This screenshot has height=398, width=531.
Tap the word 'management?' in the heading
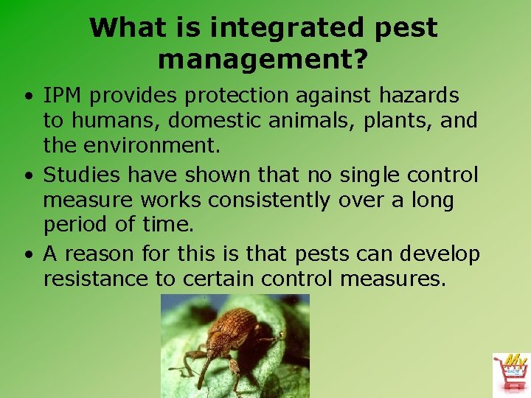(263, 58)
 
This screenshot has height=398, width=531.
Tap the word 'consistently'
(268, 200)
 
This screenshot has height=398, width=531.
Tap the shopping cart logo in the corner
(510, 373)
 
